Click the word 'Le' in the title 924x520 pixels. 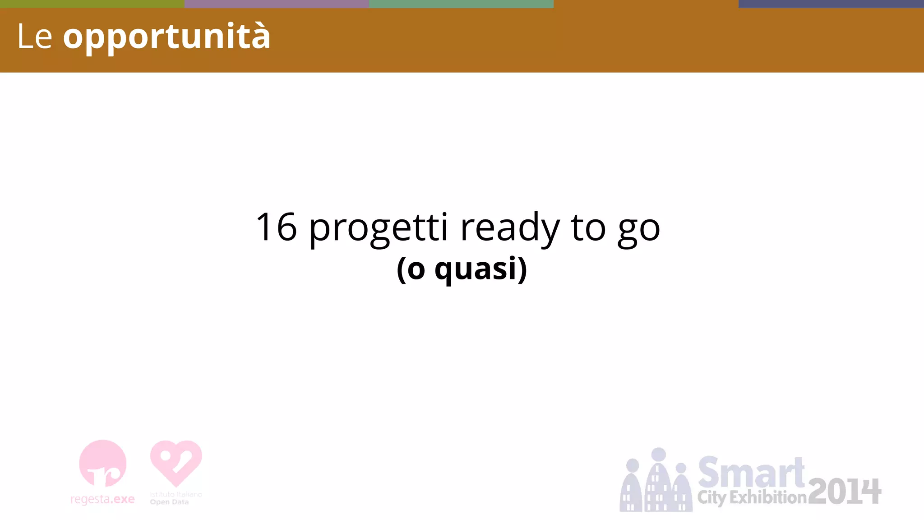pos(34,37)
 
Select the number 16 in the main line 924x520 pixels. pos(276,227)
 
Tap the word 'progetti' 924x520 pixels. pos(378,228)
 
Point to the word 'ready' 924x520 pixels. pos(509,228)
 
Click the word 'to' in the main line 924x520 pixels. pos(588,227)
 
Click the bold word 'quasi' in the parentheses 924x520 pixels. pos(475,270)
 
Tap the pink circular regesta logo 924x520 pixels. pos(103,463)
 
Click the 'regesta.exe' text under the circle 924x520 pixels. pos(103,499)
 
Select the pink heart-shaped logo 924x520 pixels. pos(176,463)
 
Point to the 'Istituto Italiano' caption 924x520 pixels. pos(176,494)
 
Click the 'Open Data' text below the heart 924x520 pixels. pos(169,502)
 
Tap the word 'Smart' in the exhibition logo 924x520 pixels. pos(751,472)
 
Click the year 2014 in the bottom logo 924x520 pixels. pos(844,492)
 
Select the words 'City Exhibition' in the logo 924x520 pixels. pos(752,497)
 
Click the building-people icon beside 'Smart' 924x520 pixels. pos(656,481)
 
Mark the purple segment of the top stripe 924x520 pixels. pos(277,4)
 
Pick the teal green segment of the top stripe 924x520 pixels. pos(461,4)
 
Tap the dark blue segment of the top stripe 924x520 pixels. pos(831,4)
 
